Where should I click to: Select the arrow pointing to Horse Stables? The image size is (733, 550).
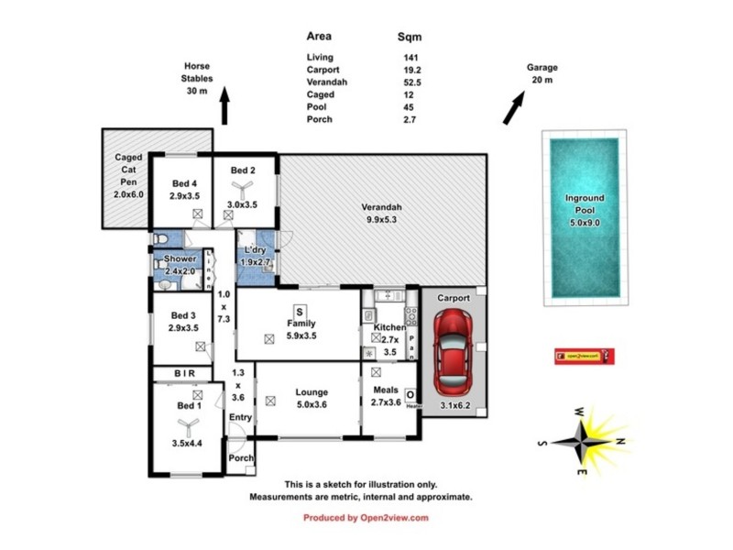[x=223, y=105]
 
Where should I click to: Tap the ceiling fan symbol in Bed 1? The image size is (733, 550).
[x=188, y=424]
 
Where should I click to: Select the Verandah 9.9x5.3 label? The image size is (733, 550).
[x=381, y=213]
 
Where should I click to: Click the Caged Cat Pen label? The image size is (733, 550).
[x=128, y=176]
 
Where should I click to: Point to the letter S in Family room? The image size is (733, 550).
[x=298, y=312]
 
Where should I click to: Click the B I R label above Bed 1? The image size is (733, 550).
[x=184, y=374]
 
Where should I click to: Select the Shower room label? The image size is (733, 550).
[x=181, y=259]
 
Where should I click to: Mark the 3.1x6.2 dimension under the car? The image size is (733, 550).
[x=454, y=404]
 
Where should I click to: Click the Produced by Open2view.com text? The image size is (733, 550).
[x=366, y=518]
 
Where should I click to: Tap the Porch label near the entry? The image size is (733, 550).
[x=240, y=458]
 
